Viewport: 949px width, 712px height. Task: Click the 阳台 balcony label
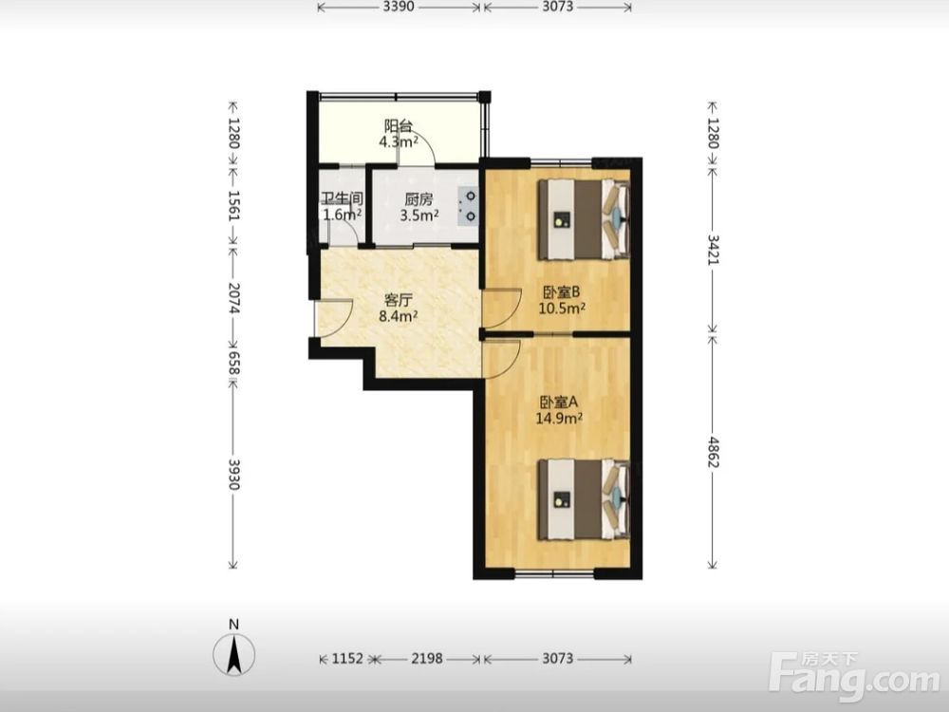pyautogui.click(x=399, y=126)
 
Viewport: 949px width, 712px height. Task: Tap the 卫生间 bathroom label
pyautogui.click(x=342, y=198)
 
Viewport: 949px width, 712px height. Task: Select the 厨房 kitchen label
pyautogui.click(x=419, y=199)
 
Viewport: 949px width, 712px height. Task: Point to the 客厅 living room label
pyautogui.click(x=399, y=300)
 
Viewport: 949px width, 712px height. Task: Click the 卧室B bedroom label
pyautogui.click(x=561, y=291)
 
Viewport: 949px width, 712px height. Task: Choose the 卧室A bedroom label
pyautogui.click(x=559, y=402)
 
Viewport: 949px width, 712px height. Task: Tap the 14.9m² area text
pyautogui.click(x=559, y=417)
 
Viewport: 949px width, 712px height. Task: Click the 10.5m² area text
pyautogui.click(x=562, y=308)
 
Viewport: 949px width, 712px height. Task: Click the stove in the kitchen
pyautogui.click(x=469, y=206)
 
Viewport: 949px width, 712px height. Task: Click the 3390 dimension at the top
pyautogui.click(x=399, y=7)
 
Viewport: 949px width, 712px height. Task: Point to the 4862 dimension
pyautogui.click(x=713, y=452)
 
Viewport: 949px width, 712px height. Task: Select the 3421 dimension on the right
pyautogui.click(x=713, y=250)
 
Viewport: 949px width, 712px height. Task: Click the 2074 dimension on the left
pyautogui.click(x=234, y=298)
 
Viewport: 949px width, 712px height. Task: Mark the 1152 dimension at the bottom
pyautogui.click(x=347, y=658)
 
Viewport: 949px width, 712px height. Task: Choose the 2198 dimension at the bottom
pyautogui.click(x=427, y=658)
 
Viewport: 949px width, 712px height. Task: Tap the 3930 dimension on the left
pyautogui.click(x=234, y=475)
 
